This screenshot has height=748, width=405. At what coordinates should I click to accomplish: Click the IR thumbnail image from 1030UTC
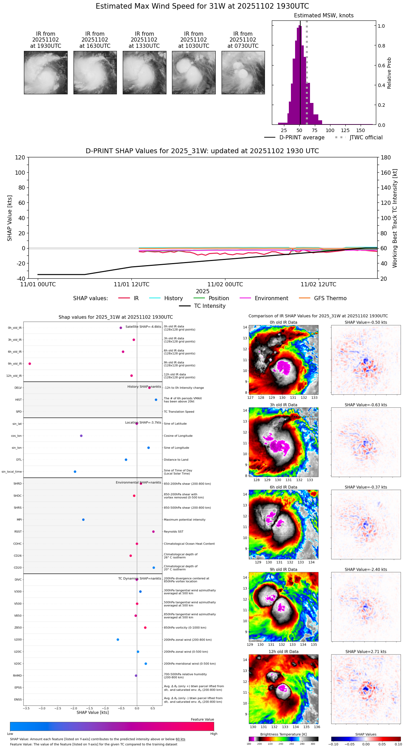(x=193, y=72)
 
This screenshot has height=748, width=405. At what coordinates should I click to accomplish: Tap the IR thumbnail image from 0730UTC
(x=243, y=72)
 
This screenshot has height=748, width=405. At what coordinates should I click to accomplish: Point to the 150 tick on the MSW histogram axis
(x=361, y=130)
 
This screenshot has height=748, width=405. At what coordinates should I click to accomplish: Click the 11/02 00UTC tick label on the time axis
(x=225, y=285)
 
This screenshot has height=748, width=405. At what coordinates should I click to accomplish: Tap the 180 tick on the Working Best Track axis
(x=386, y=157)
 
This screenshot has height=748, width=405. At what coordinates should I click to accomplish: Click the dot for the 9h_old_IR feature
(x=30, y=364)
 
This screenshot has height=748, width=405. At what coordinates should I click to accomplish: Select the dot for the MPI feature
(x=83, y=520)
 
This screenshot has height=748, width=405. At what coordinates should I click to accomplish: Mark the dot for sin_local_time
(x=75, y=472)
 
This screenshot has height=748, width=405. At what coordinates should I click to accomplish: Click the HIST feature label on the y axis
(x=18, y=400)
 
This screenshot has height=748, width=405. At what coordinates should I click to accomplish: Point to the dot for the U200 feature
(x=118, y=640)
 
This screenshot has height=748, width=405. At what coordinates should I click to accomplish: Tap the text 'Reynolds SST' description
(x=173, y=531)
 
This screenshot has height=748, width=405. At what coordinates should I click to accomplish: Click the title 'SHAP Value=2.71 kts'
(x=365, y=652)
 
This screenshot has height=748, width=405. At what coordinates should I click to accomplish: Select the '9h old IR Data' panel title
(x=283, y=569)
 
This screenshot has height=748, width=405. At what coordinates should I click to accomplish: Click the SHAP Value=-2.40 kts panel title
(x=365, y=569)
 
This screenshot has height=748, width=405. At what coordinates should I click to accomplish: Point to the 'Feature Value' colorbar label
(x=202, y=720)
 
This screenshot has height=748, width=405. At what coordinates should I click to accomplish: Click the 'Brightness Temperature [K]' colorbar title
(x=283, y=734)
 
